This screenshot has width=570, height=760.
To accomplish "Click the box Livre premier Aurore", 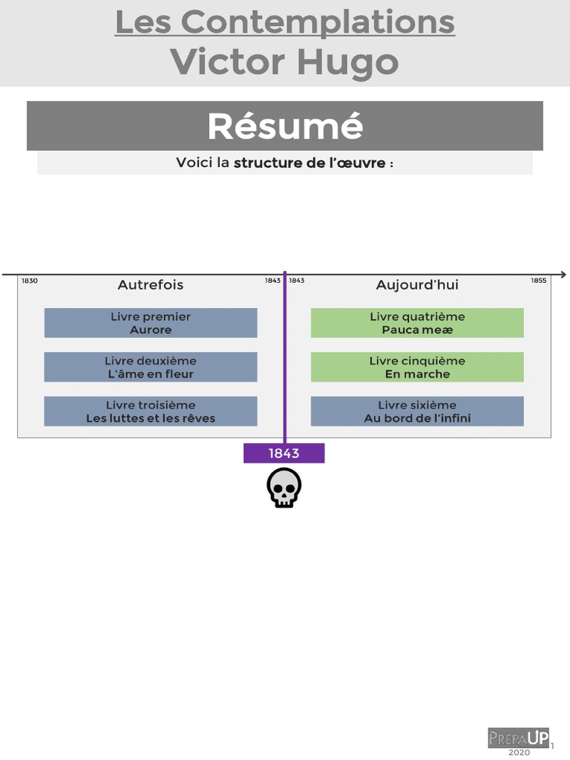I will click(151, 323).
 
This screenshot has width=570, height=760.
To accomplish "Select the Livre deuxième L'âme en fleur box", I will click(151, 367).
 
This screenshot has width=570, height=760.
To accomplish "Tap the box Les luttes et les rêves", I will click(151, 411).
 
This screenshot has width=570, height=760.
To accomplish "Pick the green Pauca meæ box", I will click(417, 323).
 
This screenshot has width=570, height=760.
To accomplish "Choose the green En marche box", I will click(417, 367).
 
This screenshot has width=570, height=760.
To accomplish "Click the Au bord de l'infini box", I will click(417, 411).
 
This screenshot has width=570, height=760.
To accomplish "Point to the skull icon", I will click(284, 488).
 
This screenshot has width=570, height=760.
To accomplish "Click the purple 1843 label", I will click(284, 453).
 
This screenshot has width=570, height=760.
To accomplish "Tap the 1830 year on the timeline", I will click(30, 281).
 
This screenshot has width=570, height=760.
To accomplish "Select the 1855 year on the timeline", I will click(538, 281).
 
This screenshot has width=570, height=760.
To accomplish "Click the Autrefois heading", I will click(151, 285).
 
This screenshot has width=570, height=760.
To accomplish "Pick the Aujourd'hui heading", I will click(417, 285).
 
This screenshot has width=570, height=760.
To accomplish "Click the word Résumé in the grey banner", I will click(285, 126).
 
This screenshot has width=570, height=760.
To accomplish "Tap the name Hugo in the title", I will click(349, 62).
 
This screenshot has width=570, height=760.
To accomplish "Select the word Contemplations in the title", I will click(318, 22).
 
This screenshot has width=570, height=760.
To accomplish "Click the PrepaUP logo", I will click(519, 738).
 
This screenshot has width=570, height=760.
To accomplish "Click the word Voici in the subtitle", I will click(194, 163).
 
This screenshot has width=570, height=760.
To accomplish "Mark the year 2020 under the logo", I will click(520, 753).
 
